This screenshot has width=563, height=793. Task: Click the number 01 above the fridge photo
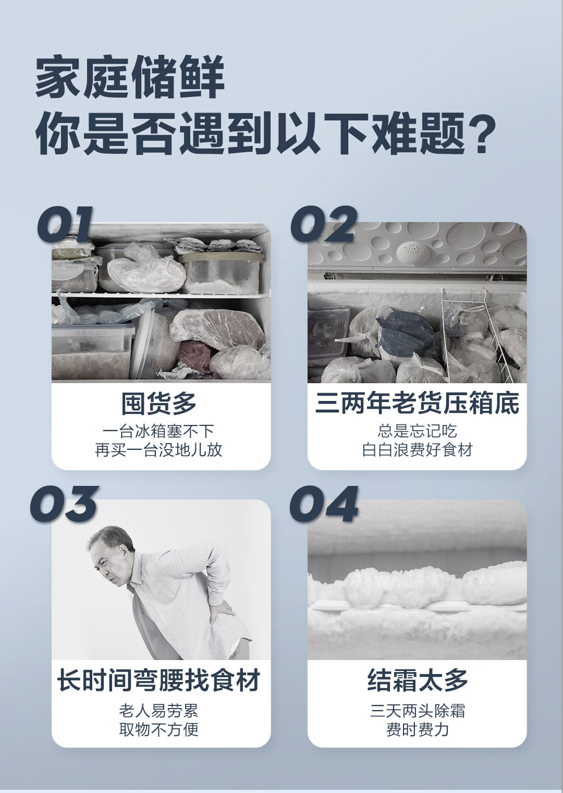(65, 224)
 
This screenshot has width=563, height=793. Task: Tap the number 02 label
(323, 224)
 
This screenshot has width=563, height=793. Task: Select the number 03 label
(64, 504)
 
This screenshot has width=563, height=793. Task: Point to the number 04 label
(324, 504)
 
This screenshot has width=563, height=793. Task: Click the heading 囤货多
(159, 403)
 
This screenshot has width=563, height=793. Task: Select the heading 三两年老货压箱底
(417, 403)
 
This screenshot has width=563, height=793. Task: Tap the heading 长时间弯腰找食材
(159, 680)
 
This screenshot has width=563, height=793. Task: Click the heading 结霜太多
(417, 680)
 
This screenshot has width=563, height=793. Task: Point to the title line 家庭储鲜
(130, 78)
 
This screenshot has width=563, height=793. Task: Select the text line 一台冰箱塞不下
(159, 431)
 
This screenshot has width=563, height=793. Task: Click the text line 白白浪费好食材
(417, 449)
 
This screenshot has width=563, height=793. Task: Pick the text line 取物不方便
(159, 729)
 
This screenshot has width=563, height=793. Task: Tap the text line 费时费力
(417, 729)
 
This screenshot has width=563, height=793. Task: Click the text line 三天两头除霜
(417, 710)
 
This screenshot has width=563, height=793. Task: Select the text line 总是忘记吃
(417, 431)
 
